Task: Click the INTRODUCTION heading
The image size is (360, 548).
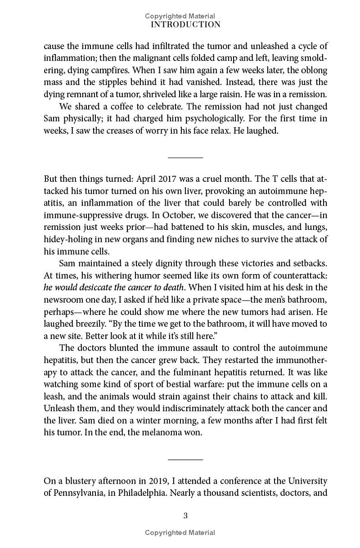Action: pyautogui.click(x=185, y=25)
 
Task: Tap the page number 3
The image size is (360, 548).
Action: pyautogui.click(x=185, y=516)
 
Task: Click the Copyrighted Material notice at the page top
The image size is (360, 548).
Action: pyautogui.click(x=180, y=16)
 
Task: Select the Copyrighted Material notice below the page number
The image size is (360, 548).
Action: pyautogui.click(x=180, y=533)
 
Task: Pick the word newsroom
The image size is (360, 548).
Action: pyautogui.click(x=62, y=299)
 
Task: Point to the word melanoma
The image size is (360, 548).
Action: pyautogui.click(x=158, y=433)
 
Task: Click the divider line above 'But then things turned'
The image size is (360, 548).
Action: pyautogui.click(x=185, y=157)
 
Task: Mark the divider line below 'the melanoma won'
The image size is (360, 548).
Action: pyautogui.click(x=185, y=459)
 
